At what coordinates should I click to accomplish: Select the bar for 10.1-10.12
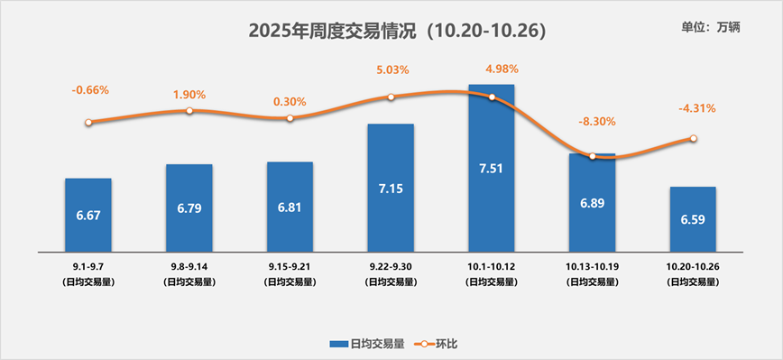tap(491, 168)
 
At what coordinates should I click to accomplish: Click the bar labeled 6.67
tap(88, 215)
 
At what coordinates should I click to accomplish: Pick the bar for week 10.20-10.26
tap(693, 219)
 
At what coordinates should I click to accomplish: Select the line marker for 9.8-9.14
tap(189, 111)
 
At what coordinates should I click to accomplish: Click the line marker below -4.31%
tap(693, 138)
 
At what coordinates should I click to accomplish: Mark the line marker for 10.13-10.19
tap(593, 157)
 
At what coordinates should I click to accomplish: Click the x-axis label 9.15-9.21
tap(290, 268)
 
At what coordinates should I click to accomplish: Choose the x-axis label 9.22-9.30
tap(391, 268)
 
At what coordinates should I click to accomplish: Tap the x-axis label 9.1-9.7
tap(88, 268)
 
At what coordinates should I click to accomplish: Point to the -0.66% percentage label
tap(90, 89)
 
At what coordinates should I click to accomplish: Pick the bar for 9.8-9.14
tap(189, 208)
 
